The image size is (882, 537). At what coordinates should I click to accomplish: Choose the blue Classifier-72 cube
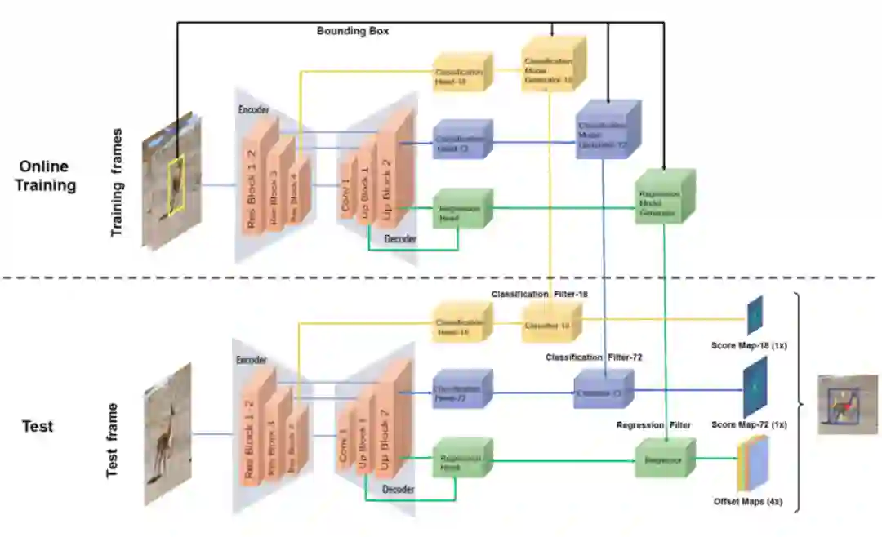click(x=603, y=391)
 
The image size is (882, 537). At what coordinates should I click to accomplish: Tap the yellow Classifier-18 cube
click(x=547, y=324)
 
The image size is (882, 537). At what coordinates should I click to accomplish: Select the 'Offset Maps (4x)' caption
click(x=747, y=501)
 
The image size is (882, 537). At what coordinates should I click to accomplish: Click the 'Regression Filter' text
click(x=653, y=424)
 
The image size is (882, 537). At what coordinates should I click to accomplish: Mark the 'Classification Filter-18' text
click(x=539, y=293)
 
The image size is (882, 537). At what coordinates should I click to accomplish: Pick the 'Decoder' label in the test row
click(x=399, y=489)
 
